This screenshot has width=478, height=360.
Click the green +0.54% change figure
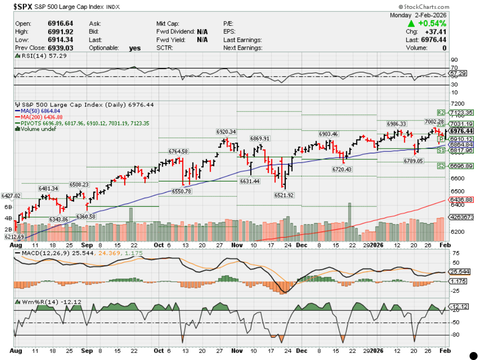(431, 23)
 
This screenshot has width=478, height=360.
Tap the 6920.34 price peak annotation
(226, 132)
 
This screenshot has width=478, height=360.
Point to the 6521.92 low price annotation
(284, 195)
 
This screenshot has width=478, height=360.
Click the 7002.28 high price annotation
(434, 122)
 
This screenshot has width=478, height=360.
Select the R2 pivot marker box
(441, 112)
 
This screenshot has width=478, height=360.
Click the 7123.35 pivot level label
(461, 112)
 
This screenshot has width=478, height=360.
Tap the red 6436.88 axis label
(462, 200)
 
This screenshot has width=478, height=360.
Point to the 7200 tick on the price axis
(456, 103)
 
